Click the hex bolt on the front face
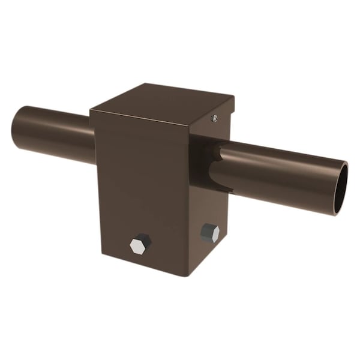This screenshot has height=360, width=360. pyautogui.click(x=140, y=244)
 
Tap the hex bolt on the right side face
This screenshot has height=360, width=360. pyautogui.click(x=209, y=232)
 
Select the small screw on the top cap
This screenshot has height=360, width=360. pyautogui.click(x=214, y=119)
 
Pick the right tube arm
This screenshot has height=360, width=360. pyautogui.click(x=282, y=174)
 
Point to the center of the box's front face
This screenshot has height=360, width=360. pyautogui.click(x=141, y=192)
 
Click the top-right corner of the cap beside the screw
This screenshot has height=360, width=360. pyautogui.click(x=232, y=100)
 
